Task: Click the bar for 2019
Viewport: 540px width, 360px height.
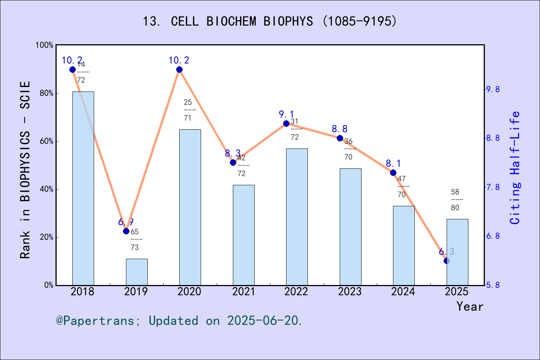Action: (x=136, y=272)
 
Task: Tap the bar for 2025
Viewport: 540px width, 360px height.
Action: (x=457, y=252)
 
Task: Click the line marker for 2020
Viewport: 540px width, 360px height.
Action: (x=179, y=70)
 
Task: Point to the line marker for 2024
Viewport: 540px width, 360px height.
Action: (x=393, y=172)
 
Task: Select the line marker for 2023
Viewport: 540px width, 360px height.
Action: (x=340, y=138)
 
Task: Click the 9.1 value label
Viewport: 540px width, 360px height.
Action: (x=286, y=114)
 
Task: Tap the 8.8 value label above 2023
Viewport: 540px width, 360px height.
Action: (x=339, y=129)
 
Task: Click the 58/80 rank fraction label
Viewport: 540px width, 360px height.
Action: (x=455, y=199)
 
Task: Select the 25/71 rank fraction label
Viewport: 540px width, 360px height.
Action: (x=188, y=110)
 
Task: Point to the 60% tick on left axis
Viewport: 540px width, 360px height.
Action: (x=46, y=141)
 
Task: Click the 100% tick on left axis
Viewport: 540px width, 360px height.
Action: (x=45, y=45)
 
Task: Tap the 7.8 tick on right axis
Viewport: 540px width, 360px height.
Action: (x=493, y=187)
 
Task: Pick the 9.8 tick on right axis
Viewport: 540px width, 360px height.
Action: (x=493, y=89)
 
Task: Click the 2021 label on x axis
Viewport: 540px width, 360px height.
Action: (x=243, y=291)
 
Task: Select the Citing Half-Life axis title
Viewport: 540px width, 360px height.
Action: (x=516, y=168)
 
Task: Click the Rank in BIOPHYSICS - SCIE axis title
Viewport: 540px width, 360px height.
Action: (x=25, y=169)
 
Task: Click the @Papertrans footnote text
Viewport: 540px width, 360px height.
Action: (x=179, y=321)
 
